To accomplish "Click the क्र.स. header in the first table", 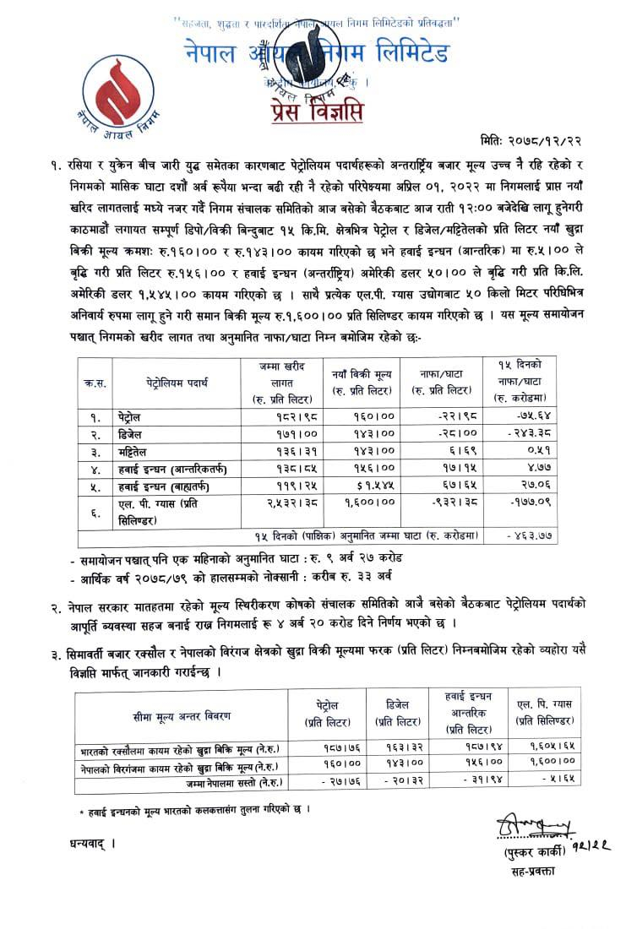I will [95, 383].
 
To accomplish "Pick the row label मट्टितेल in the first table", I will [136, 450].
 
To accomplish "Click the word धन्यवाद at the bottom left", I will [86, 844].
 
